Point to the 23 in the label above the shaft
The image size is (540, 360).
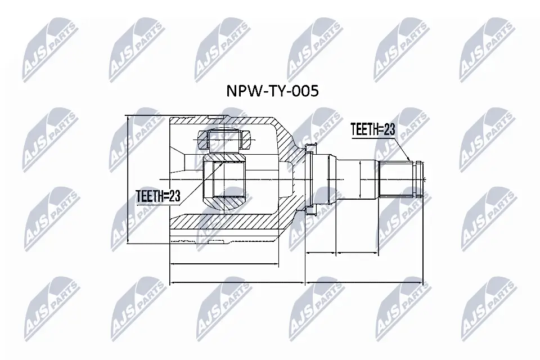coord(390,130)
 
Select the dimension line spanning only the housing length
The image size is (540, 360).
coord(223,264)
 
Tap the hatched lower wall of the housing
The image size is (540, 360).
coord(225,224)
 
